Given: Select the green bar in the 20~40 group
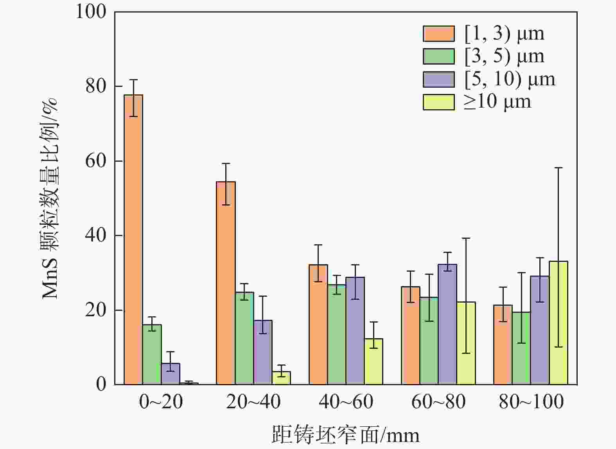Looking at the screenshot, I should (244, 338).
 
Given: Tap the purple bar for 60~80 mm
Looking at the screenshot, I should (447, 325).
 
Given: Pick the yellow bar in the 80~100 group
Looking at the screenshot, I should (559, 323).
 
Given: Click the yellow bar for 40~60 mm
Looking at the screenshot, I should (374, 362).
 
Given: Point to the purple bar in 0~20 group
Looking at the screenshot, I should (171, 374).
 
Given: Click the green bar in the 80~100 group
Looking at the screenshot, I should (521, 348).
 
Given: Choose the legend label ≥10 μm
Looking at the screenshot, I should (497, 102).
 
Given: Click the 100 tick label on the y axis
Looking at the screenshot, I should (91, 12).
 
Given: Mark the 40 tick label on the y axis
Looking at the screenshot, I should (96, 236).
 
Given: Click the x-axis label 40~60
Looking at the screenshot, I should (346, 402).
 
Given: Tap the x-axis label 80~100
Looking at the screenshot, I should (531, 402).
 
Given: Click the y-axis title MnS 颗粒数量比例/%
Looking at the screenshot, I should (50, 198).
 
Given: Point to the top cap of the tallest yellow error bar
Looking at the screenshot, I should (559, 168).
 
